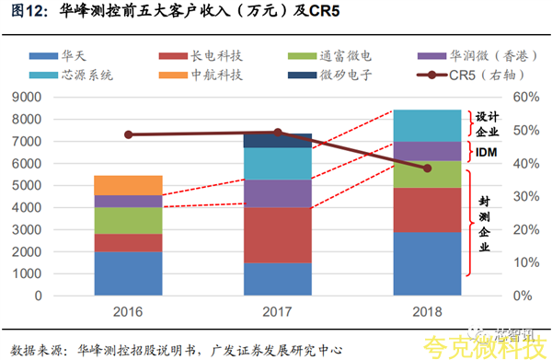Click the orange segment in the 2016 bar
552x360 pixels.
[128, 185]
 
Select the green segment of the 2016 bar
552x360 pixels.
[128, 220]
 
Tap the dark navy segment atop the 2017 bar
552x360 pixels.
[278, 141]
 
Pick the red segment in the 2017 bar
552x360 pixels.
[278, 236]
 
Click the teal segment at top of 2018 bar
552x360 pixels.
[428, 126]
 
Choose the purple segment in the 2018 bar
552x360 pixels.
[428, 152]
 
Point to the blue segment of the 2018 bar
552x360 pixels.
[428, 263]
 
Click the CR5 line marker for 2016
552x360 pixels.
[129, 134]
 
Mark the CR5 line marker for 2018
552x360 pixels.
[428, 168]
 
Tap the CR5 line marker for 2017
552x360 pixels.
[278, 133]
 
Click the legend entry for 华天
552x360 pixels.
[58, 55]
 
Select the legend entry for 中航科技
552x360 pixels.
[201, 75]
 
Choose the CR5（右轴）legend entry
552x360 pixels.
[471, 75]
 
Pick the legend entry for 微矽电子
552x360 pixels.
[330, 75]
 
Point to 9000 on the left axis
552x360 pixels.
[27, 98]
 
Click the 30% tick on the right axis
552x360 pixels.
[526, 196]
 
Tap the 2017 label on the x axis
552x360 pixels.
[278, 312]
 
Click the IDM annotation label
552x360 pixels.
[486, 152]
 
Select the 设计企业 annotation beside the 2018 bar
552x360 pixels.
[488, 124]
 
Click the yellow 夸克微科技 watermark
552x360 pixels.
[485, 347]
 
